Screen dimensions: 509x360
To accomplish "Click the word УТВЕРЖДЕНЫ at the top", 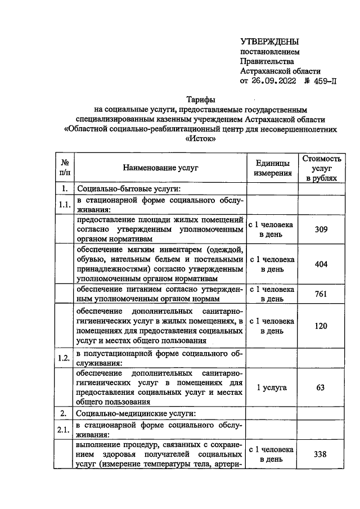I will pyautogui.click(x=269, y=42).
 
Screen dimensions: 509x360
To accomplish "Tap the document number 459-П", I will pyautogui.click(x=322, y=80).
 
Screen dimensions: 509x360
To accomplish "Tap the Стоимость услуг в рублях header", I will pyautogui.click(x=322, y=168).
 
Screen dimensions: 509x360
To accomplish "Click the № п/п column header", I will pyautogui.click(x=65, y=168).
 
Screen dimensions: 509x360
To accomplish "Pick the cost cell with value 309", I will pyautogui.click(x=321, y=229).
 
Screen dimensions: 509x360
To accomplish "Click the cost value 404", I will pyautogui.click(x=321, y=264).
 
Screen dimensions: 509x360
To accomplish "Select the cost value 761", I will pyautogui.click(x=321, y=294).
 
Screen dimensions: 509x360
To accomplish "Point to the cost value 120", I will pyautogui.click(x=321, y=326).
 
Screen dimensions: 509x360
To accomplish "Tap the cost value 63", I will pyautogui.click(x=321, y=388).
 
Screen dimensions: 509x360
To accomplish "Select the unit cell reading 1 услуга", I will pyautogui.click(x=272, y=388).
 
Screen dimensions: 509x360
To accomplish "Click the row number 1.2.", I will pyautogui.click(x=65, y=358).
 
